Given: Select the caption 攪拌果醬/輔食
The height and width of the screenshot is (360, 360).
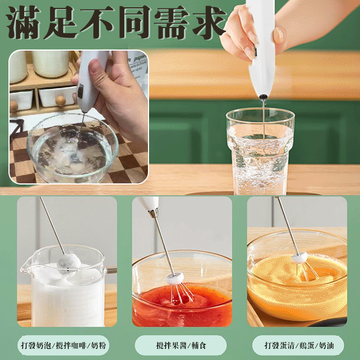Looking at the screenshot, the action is click(x=181, y=345).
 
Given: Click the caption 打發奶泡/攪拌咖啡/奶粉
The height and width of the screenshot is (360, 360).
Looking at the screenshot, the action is click(x=63, y=345).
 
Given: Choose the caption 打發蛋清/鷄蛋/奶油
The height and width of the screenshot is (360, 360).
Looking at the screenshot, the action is click(x=299, y=345).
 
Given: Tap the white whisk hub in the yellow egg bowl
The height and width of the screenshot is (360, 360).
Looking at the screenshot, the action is click(x=299, y=257).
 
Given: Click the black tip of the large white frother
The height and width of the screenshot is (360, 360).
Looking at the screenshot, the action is click(x=263, y=97).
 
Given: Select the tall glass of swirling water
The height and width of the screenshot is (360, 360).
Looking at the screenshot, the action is click(x=260, y=151).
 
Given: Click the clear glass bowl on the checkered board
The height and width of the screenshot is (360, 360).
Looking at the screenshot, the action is click(x=73, y=149).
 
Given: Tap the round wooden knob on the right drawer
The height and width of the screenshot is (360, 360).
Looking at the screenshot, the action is click(x=60, y=101).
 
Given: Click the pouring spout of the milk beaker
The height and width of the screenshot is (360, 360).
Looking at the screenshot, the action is click(x=25, y=266).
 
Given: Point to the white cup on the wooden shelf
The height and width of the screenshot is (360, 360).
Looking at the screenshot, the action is click(x=51, y=64).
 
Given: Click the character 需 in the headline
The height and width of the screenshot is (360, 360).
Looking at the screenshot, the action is click(x=172, y=22).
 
